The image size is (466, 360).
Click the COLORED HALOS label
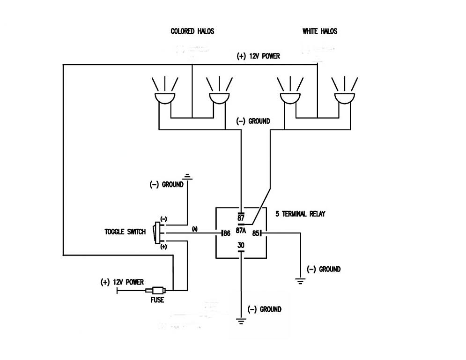pos(192,31)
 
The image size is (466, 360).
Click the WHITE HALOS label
pos(320,31)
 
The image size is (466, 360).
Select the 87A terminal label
pos(241,231)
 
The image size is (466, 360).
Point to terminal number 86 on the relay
pos(227,233)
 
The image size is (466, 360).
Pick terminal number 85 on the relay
pos(255,233)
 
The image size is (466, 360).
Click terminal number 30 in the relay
pos(241,245)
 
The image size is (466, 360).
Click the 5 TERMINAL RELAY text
pos(300,214)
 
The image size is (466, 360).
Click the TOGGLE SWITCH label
pos(125,232)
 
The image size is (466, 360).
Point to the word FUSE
pos(157,300)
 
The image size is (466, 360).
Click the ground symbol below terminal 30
pos(241,321)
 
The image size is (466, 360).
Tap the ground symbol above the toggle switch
pos(187,177)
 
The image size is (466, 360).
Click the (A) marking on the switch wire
pos(195,229)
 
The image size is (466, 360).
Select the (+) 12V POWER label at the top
pos(258,57)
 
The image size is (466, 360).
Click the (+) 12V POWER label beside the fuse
pos(122,282)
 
